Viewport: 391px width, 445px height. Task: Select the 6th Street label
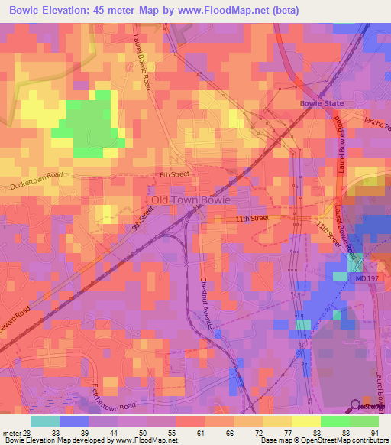173,175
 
